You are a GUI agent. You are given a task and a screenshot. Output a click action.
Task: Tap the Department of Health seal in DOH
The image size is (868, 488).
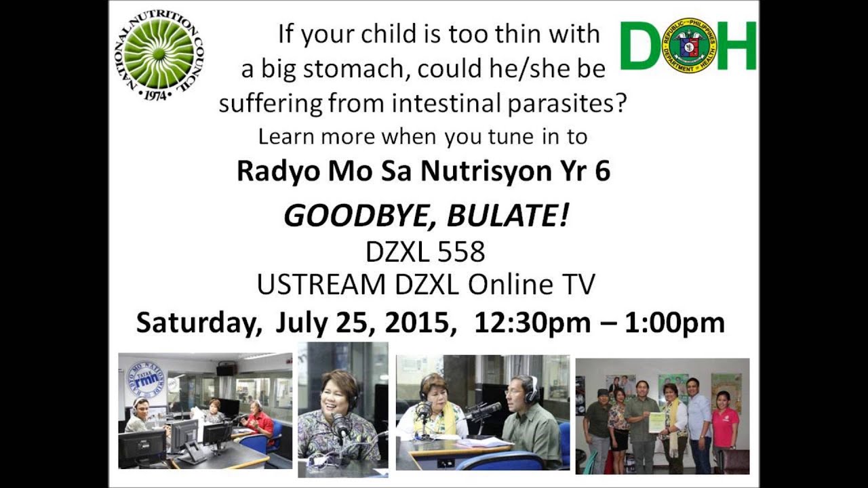click(689, 45)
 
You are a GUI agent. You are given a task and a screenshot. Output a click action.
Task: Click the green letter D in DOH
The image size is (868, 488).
click(639, 45)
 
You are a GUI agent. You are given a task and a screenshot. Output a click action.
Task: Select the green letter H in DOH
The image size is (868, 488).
click(736, 45)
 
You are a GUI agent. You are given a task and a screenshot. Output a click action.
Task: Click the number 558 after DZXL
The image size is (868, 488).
click(461, 252)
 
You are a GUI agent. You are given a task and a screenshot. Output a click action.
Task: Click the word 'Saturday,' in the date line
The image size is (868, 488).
click(199, 323)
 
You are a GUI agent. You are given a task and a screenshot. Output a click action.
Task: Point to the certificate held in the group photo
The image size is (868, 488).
click(656, 422)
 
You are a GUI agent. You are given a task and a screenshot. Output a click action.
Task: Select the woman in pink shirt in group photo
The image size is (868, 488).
click(724, 424)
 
